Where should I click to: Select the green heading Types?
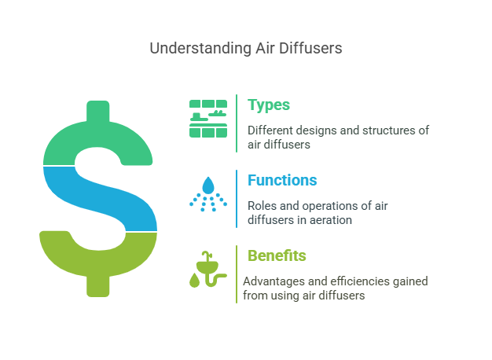click(269, 105)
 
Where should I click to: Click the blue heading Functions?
click(282, 180)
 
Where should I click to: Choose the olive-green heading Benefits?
click(277, 255)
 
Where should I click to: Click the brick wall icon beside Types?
click(207, 119)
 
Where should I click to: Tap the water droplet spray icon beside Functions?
click(207, 193)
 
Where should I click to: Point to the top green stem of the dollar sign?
click(98, 112)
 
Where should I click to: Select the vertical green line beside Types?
click(237, 123)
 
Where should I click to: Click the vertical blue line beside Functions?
click(237, 198)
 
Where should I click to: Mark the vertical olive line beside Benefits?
click(237, 274)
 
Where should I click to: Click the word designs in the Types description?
click(321, 130)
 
